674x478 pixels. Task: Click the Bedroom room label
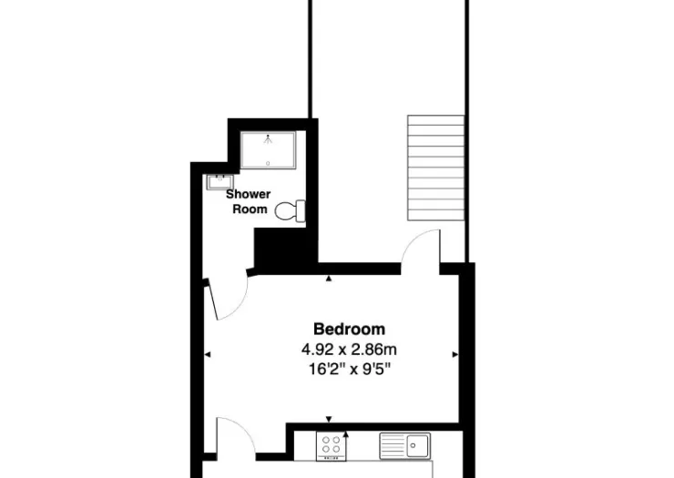pos(349,330)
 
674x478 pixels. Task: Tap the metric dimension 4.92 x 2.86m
pos(349,350)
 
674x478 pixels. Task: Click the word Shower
pos(249,194)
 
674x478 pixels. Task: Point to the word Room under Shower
pos(250,209)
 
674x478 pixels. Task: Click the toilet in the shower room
pos(291,211)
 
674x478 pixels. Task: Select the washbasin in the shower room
pos(220,182)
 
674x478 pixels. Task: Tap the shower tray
pos(268,150)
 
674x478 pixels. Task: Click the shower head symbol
pos(268,138)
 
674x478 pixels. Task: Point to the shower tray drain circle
pos(268,163)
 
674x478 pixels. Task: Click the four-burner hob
pos(331,446)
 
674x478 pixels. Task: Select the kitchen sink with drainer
pos(405,446)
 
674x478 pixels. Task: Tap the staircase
pos(436,168)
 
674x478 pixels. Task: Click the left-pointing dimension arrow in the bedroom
pos(207,355)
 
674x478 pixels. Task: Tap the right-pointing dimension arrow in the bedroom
pos(455,355)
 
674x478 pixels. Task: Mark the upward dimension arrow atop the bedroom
pos(329,279)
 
